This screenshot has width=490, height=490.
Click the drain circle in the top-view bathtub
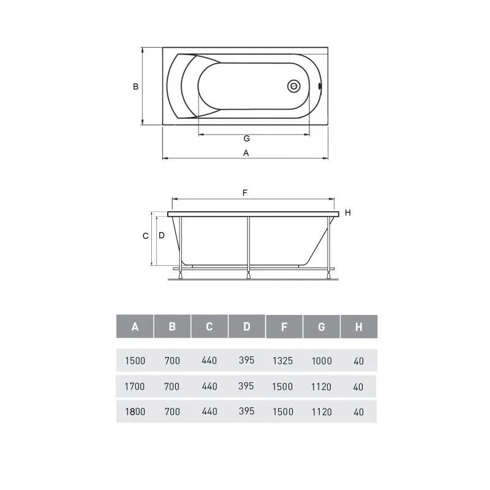294,86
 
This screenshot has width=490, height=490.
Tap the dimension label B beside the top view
135,86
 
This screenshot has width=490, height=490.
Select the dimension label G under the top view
247,138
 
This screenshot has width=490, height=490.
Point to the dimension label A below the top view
246,153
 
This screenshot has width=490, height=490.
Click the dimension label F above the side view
245,193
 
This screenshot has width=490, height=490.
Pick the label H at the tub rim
348,213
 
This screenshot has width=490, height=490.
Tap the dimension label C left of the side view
145,236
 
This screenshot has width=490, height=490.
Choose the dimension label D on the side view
162,235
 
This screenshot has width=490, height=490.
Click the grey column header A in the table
135,326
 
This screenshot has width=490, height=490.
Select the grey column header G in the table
322,327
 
